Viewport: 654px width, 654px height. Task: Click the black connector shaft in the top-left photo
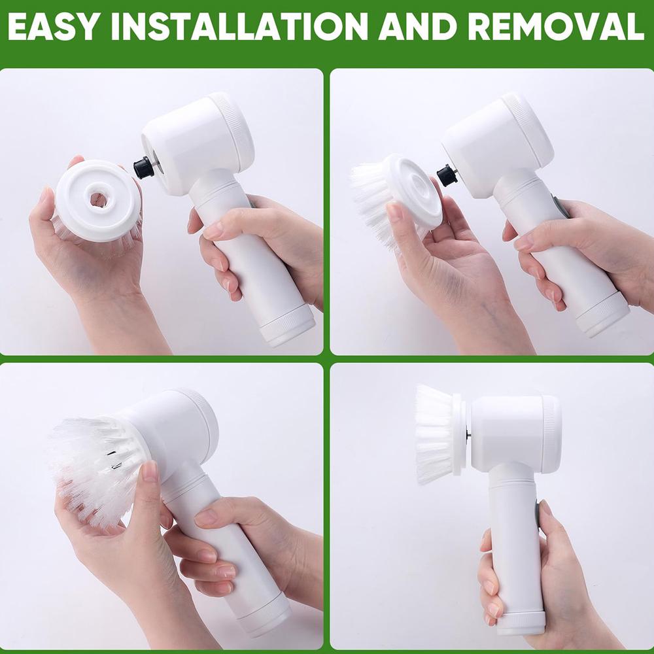(x=144, y=167)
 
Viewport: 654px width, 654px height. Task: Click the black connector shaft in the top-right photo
(x=447, y=175)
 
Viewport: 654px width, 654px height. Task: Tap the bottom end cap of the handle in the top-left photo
(x=288, y=325)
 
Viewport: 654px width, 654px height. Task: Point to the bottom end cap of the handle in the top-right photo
(x=603, y=315)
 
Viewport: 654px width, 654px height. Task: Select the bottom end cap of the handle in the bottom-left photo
(x=265, y=618)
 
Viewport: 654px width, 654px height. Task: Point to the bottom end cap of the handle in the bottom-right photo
(x=520, y=621)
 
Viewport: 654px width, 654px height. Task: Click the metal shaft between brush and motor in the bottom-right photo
(x=468, y=432)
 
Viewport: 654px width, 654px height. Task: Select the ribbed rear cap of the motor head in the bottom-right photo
(x=551, y=432)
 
